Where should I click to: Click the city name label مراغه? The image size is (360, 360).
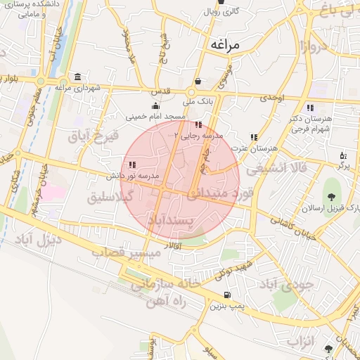[225, 44]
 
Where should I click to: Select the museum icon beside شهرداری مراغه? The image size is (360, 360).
[77, 76]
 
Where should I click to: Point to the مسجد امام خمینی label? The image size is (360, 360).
[155, 116]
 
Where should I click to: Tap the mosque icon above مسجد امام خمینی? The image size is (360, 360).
[155, 105]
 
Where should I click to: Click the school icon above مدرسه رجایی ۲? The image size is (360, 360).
[196, 124]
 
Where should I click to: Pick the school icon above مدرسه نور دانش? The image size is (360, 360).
[131, 165]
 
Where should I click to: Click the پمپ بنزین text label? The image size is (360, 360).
[226, 306]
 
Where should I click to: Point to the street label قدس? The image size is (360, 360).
[162, 92]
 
